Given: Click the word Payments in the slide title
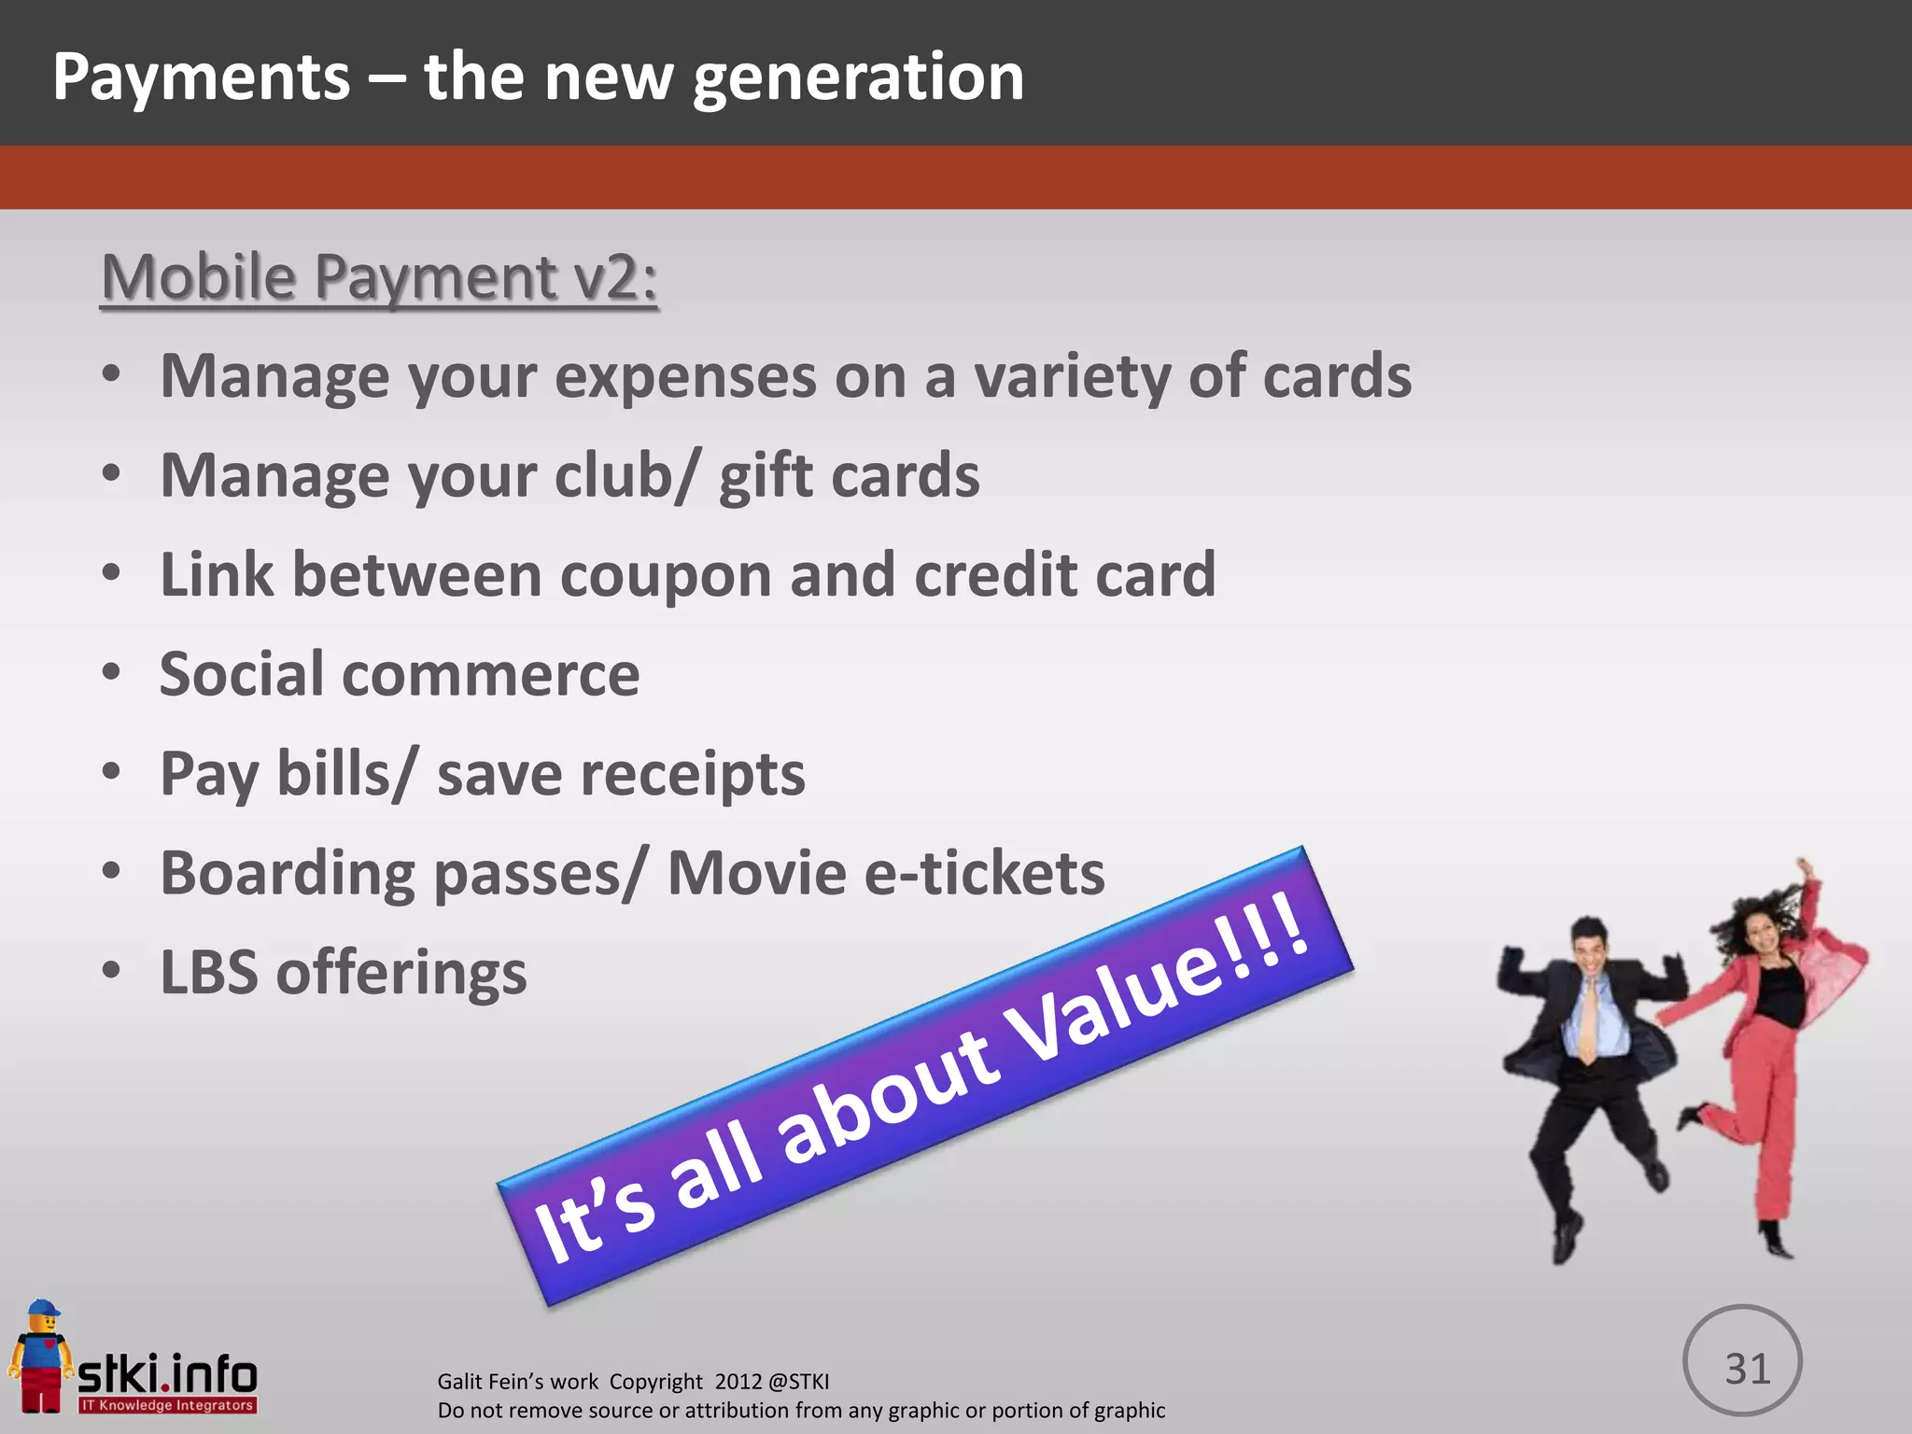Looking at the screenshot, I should (x=201, y=77).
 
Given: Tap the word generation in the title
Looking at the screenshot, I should (x=858, y=77).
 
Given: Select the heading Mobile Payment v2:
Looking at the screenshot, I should (x=379, y=277).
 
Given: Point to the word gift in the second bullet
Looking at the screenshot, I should (x=765, y=476).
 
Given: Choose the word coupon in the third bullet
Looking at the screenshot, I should (x=666, y=575).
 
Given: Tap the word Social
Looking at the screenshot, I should (x=242, y=674).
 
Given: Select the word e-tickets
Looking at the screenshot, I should (x=984, y=874).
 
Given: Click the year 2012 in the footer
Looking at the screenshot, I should (x=739, y=1381).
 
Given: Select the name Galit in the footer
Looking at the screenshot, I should (x=461, y=1381).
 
